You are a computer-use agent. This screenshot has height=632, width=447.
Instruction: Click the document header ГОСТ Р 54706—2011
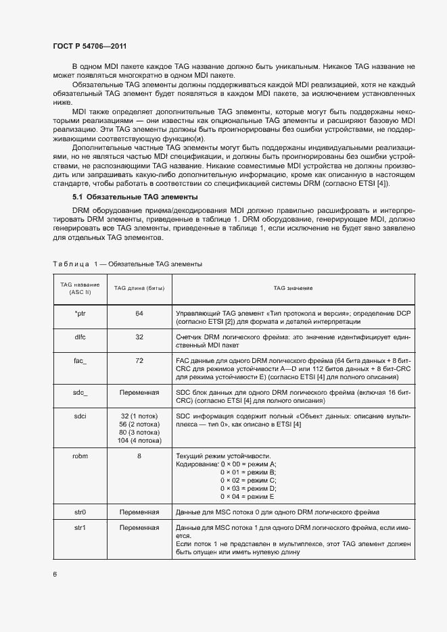(89, 46)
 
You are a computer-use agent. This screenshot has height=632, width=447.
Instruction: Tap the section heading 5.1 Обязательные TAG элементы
(135, 197)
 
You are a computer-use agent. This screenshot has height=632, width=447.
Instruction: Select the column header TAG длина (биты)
(139, 288)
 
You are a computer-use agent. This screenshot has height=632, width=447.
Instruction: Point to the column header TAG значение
(293, 288)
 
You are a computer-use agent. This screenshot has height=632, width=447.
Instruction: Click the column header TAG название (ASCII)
(80, 289)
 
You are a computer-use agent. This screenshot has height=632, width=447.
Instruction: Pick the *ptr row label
(80, 314)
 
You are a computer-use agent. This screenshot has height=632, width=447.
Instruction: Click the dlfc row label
(80, 336)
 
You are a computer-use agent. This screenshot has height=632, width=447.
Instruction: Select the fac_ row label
(80, 361)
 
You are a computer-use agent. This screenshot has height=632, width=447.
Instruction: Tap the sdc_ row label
(80, 392)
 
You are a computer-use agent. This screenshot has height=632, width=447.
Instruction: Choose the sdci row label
(80, 416)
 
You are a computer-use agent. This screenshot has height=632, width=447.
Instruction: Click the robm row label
(80, 456)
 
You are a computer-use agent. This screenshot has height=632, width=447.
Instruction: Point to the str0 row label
(80, 512)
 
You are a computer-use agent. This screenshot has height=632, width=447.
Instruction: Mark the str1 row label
(80, 527)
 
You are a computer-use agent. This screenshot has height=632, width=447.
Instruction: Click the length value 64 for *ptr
(139, 314)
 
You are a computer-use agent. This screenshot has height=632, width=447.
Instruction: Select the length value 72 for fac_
(139, 361)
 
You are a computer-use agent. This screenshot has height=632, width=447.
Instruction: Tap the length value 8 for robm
(139, 456)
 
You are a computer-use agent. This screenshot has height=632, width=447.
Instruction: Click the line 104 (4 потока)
(139, 440)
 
